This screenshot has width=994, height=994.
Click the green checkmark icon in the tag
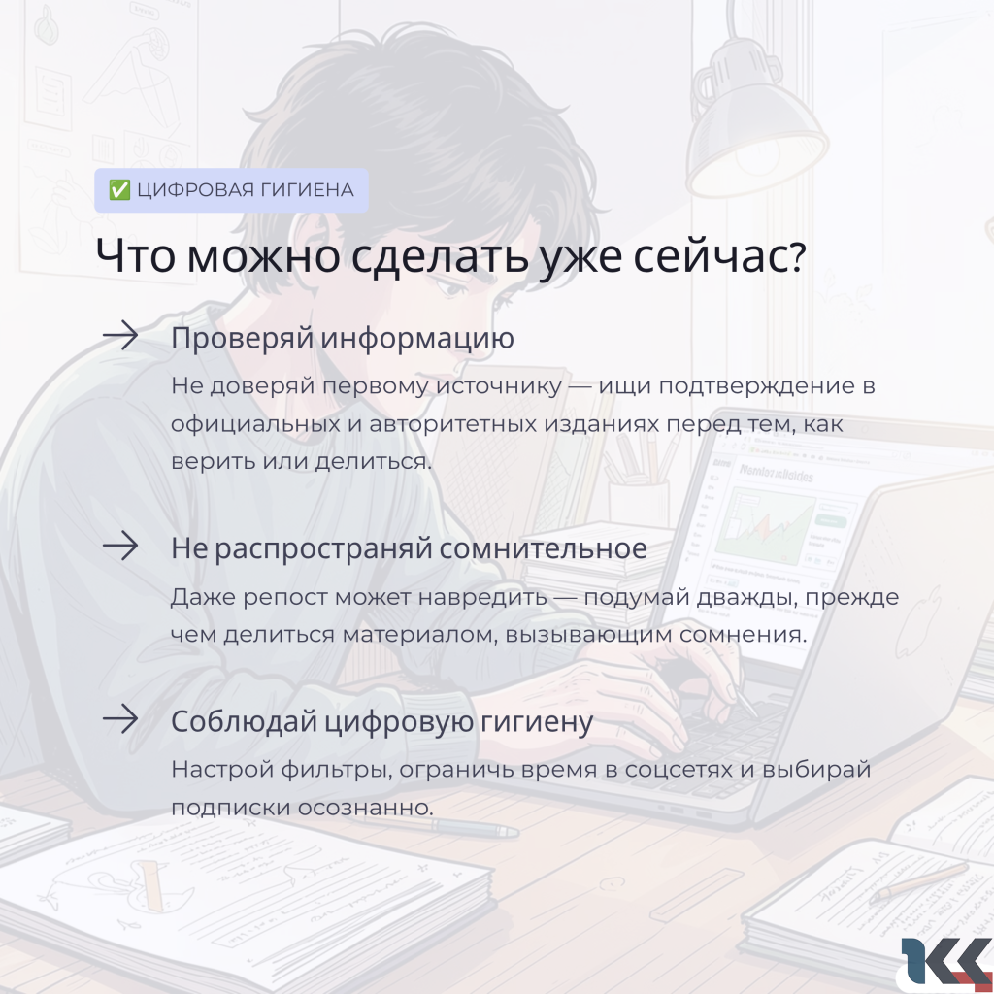(x=119, y=189)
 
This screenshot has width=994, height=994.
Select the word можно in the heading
(x=263, y=256)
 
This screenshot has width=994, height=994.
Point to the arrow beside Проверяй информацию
(x=120, y=335)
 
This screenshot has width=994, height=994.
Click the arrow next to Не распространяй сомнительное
(x=120, y=546)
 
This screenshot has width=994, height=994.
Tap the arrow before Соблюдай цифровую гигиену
(x=120, y=719)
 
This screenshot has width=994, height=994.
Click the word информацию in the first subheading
(x=416, y=339)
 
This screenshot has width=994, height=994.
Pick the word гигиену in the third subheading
(x=536, y=722)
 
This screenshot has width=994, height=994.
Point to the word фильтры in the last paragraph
(x=335, y=770)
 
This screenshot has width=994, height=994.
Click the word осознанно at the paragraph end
(x=365, y=808)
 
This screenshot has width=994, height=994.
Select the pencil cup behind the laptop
(x=639, y=501)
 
